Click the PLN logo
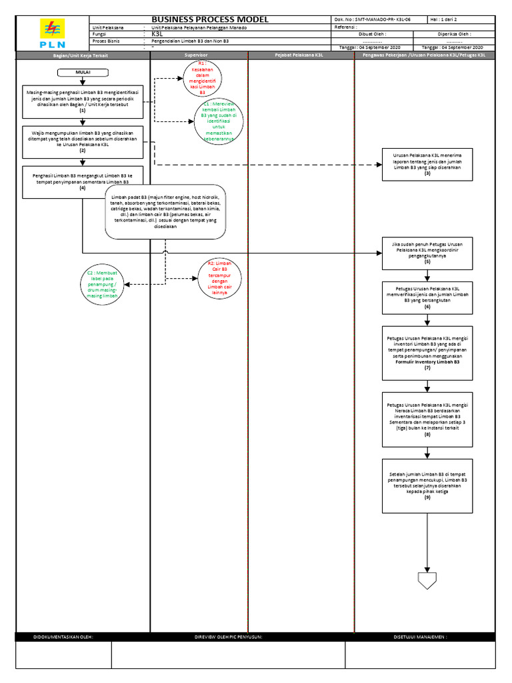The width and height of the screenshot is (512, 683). pos(51,34)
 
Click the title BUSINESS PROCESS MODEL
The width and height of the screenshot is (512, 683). pos(210,19)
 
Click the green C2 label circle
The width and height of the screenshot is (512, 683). pos(102,285)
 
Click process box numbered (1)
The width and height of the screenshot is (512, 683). pos(83,101)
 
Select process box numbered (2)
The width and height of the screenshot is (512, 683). pos(83,141)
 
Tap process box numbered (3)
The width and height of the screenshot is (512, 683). pos(427,164)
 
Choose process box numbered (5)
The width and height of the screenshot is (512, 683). pos(427,253)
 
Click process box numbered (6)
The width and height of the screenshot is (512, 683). pos(427,297)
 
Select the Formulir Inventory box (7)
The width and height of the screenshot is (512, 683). pos(427,353)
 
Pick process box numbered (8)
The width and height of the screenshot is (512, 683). pos(427,419)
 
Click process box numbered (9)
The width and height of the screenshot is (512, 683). pos(427,486)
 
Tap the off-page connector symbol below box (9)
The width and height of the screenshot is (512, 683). pos(427,580)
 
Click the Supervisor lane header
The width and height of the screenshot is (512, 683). pos(199,57)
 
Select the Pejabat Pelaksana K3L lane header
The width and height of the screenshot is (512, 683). pos(300,57)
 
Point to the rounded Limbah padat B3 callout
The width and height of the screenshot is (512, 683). pos(165,211)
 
